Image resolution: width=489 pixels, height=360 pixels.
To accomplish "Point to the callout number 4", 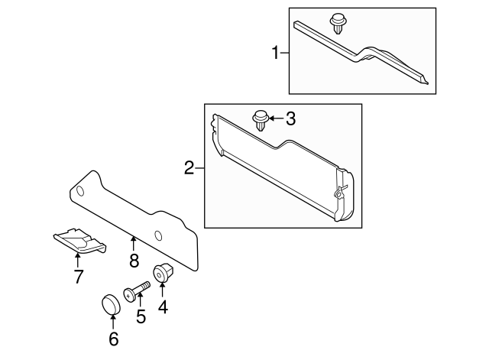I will point(162,309).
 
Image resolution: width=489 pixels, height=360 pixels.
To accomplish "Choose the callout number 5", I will point(141,316).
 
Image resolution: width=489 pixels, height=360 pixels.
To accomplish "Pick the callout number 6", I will point(113,339).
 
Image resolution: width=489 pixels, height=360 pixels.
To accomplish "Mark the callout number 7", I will point(78,277).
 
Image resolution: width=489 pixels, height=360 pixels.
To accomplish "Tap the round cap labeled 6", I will point(112,305).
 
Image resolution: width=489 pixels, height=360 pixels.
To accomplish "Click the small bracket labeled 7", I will point(79,241).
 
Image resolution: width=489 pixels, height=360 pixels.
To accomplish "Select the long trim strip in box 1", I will point(359,55).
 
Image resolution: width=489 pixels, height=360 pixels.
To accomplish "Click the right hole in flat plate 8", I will point(158,235).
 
